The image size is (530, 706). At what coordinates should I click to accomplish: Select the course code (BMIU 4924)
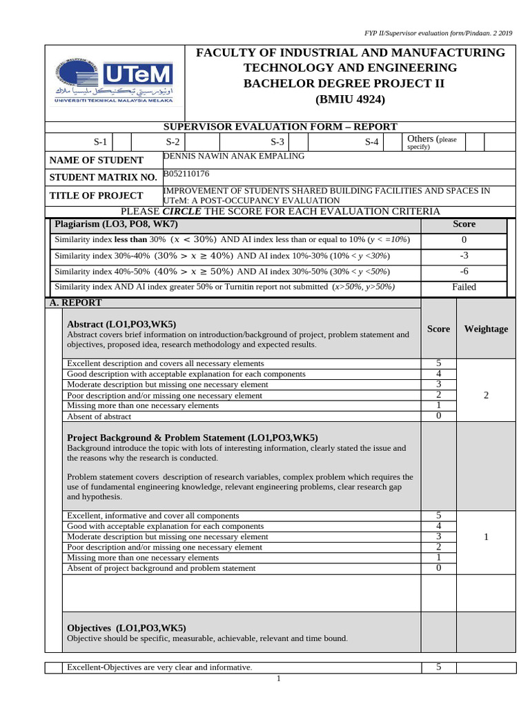click(350, 99)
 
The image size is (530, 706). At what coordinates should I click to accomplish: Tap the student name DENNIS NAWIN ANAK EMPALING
click(233, 156)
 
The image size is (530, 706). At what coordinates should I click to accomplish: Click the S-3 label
click(277, 142)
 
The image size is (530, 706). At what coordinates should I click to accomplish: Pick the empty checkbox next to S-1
click(121, 142)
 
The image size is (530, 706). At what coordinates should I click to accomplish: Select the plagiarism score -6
click(464, 271)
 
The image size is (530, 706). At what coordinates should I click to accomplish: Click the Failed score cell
click(464, 287)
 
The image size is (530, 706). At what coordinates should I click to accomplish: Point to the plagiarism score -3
click(464, 255)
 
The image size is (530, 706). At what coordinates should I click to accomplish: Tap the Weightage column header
click(486, 329)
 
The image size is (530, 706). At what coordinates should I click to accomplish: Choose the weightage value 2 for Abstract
click(486, 395)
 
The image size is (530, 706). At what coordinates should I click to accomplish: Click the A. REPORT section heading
click(75, 303)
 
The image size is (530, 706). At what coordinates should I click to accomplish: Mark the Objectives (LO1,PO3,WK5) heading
click(126, 627)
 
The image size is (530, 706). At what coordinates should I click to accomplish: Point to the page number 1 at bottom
click(279, 679)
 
